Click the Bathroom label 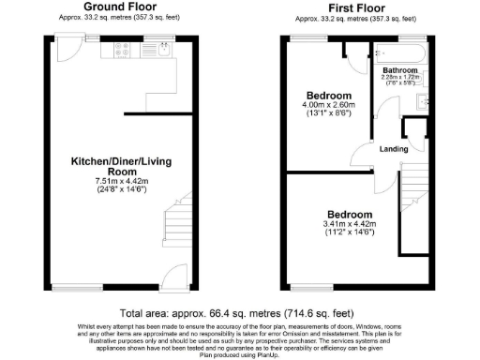pos(399,70)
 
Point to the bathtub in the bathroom pos(396,51)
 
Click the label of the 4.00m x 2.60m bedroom pos(329,96)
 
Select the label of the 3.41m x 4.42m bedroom pos(348,214)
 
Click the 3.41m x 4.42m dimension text pos(348,224)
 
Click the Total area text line pos(239,312)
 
